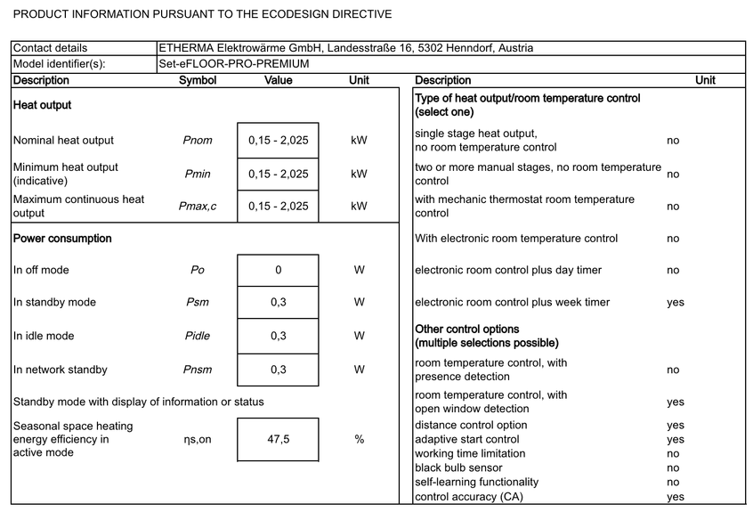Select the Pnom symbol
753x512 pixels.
pyautogui.click(x=198, y=141)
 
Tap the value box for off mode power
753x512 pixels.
pyautogui.click(x=278, y=271)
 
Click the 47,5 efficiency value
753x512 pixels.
pyautogui.click(x=278, y=440)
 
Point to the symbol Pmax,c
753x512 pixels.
pyautogui.click(x=198, y=207)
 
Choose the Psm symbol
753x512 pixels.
pyautogui.click(x=198, y=303)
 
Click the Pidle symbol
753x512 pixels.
pyautogui.click(x=198, y=337)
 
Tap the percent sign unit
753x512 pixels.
pyautogui.click(x=359, y=440)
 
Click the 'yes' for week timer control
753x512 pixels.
pyautogui.click(x=676, y=303)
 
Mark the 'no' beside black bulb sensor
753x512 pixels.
pyautogui.click(x=673, y=468)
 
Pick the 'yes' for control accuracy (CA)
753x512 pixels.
pyautogui.click(x=676, y=497)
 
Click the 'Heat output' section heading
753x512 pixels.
pyautogui.click(x=42, y=105)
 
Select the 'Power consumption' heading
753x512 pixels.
pyautogui.click(x=62, y=239)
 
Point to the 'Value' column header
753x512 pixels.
pyautogui.click(x=278, y=81)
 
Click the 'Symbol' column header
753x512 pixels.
pyautogui.click(x=198, y=81)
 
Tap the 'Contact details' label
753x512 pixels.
pyautogui.click(x=51, y=48)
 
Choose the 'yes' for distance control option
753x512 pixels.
pyautogui.click(x=676, y=426)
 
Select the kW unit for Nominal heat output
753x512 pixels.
pyautogui.click(x=359, y=141)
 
